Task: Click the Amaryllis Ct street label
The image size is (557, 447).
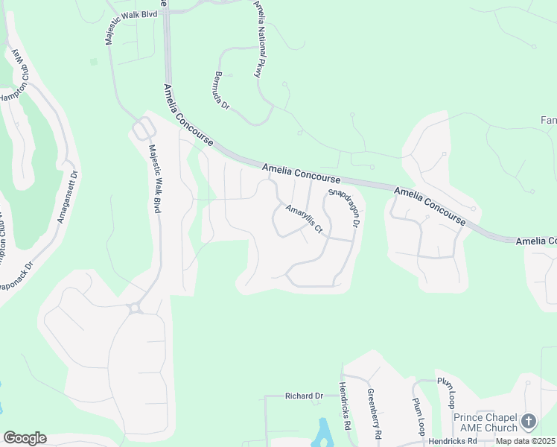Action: click(303, 218)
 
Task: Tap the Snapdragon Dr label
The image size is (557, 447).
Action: click(344, 208)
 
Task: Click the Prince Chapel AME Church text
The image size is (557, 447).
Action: click(486, 422)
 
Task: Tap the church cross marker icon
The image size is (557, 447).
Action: click(529, 422)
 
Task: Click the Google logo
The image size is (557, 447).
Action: click(25, 438)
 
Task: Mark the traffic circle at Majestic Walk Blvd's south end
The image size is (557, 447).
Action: click(135, 307)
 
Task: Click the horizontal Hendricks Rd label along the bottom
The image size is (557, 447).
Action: click(461, 441)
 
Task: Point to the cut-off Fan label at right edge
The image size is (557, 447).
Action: click(548, 120)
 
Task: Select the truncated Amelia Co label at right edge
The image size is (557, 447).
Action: click(536, 241)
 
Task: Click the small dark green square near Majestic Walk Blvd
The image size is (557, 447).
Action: click(94, 62)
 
